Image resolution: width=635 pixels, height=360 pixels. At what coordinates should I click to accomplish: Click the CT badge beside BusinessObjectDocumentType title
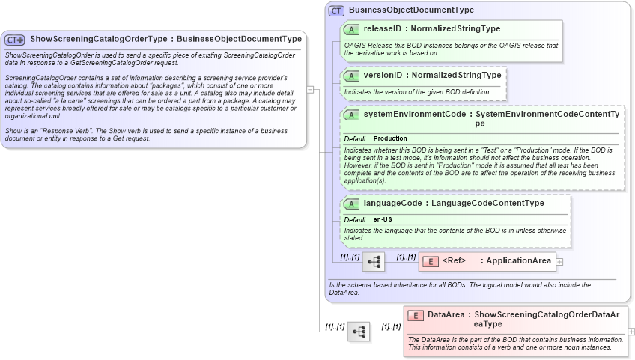(337, 10)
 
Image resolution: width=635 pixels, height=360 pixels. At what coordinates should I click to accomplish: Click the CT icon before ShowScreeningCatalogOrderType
(15, 40)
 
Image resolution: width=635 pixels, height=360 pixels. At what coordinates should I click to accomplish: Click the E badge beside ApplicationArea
(430, 261)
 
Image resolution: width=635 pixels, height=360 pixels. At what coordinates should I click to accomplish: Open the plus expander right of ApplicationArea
(559, 262)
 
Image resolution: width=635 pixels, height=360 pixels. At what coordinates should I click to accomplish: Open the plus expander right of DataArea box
(631, 332)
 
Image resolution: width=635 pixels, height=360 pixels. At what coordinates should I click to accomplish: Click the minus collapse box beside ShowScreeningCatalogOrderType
(310, 90)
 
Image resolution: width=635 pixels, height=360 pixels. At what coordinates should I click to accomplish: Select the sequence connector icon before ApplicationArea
(373, 262)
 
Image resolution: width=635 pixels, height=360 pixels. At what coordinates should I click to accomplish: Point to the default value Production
(390, 138)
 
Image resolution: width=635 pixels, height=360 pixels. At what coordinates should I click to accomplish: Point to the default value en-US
(383, 219)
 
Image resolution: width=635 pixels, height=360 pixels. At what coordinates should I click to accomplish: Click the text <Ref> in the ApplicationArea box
(454, 261)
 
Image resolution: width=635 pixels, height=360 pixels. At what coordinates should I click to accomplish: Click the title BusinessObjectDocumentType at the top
(411, 10)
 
